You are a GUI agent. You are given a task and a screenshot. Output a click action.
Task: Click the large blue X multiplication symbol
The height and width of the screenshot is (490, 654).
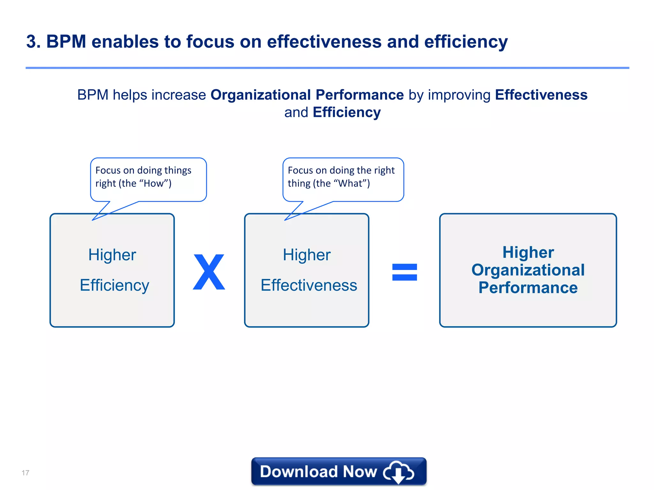(209, 272)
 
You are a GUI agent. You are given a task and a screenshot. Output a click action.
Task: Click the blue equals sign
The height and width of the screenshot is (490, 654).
(404, 272)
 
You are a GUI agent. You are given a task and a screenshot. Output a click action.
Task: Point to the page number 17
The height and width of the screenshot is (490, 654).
(26, 473)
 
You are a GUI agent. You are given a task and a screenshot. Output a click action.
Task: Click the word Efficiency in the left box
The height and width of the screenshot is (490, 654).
(114, 285)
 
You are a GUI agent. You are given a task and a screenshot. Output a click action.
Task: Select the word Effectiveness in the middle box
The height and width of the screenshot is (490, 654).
(308, 285)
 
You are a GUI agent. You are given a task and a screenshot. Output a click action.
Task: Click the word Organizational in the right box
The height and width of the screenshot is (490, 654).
(528, 270)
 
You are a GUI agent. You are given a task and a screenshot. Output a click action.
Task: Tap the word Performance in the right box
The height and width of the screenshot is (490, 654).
(528, 287)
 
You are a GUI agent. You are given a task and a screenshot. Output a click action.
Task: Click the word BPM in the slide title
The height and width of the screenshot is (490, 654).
(66, 41)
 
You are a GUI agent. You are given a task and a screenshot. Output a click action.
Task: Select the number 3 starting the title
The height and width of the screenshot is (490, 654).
(31, 41)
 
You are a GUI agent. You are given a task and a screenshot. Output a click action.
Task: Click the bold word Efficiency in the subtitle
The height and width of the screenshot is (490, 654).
(346, 112)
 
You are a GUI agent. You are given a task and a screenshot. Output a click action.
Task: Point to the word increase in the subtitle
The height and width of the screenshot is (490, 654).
(179, 95)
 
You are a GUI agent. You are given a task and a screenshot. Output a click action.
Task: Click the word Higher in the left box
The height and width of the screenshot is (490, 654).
(112, 255)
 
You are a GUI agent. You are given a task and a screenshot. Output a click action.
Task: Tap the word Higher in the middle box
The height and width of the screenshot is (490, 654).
(307, 255)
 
